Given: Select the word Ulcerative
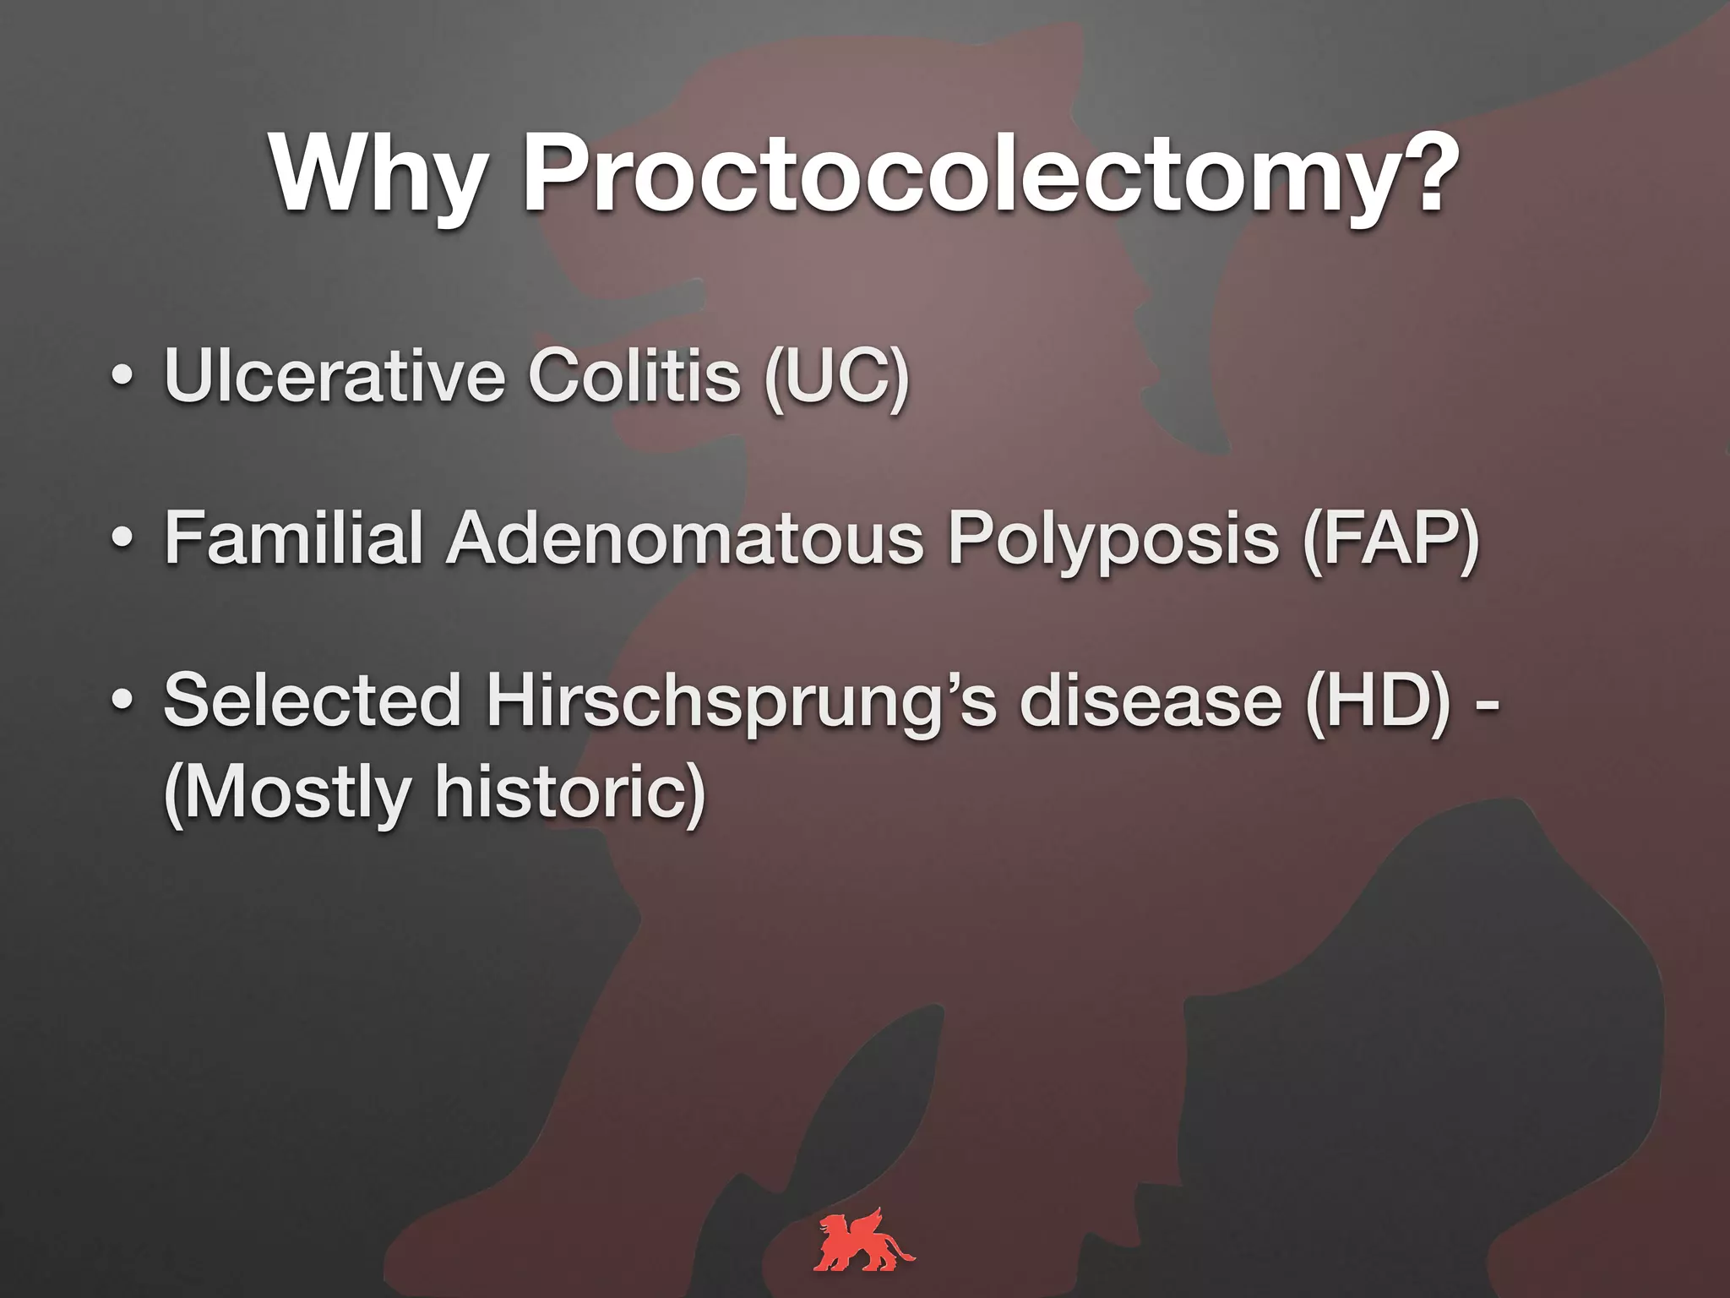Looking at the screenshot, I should [x=335, y=375].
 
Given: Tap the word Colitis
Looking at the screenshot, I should [x=634, y=375].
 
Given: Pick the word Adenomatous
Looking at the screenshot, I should [x=685, y=538].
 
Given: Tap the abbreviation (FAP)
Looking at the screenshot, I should [x=1390, y=540].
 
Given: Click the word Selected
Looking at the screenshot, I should [x=312, y=701].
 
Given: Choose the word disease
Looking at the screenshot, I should [x=1151, y=701].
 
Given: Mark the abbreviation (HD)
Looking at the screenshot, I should [x=1378, y=702].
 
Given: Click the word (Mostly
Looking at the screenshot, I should [x=286, y=794].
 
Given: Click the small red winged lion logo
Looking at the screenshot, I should [x=864, y=1241].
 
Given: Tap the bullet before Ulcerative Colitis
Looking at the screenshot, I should [x=122, y=377].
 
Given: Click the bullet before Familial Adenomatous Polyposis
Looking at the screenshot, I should [x=122, y=539].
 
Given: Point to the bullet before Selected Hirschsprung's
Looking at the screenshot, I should [x=122, y=701].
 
